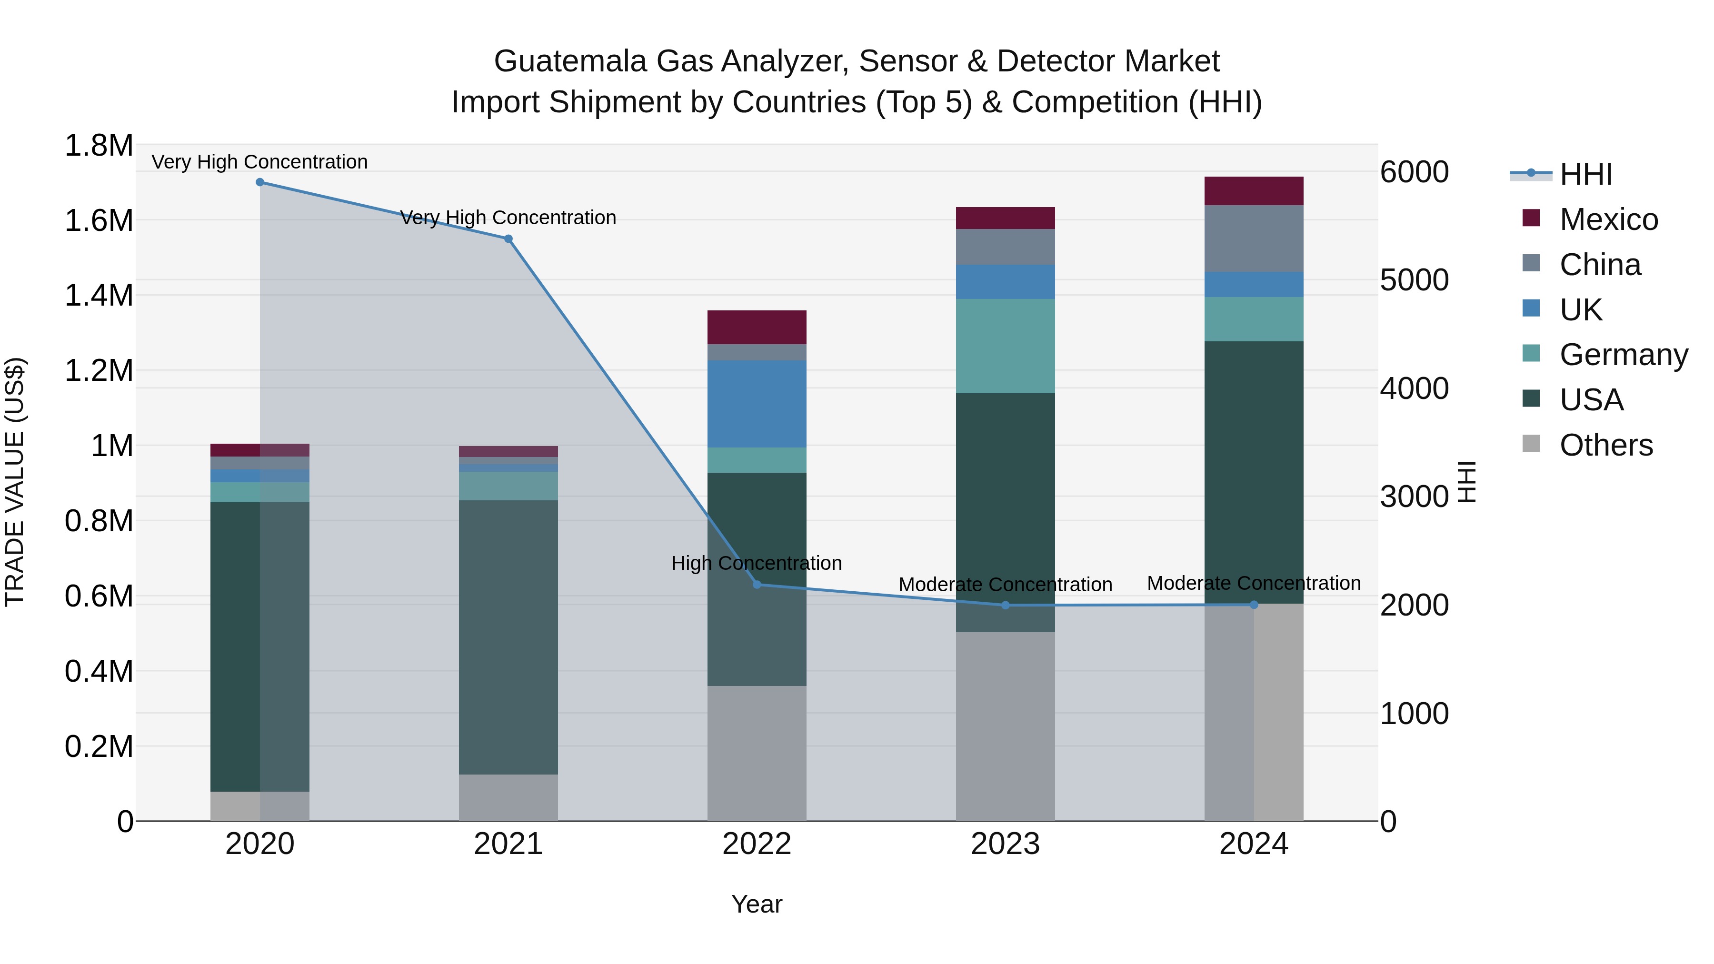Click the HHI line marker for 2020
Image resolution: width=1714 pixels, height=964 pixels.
pyautogui.click(x=260, y=182)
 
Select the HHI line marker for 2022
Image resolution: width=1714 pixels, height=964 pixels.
pyautogui.click(x=757, y=585)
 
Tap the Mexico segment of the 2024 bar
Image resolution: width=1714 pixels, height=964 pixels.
pyautogui.click(x=1254, y=191)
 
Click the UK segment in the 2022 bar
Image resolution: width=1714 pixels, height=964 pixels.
pyautogui.click(x=757, y=404)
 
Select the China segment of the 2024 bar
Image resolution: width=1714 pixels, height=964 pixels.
pyautogui.click(x=1254, y=238)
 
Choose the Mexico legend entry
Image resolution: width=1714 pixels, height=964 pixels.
pyautogui.click(x=1608, y=219)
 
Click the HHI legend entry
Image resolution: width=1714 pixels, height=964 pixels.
pyautogui.click(x=1585, y=174)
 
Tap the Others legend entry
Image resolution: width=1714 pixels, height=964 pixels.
pyautogui.click(x=1605, y=445)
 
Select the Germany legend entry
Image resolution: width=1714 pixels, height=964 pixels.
pyautogui.click(x=1623, y=355)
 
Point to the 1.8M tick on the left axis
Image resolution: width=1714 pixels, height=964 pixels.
pyautogui.click(x=99, y=146)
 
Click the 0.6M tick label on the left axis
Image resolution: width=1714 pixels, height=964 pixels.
pyautogui.click(x=99, y=596)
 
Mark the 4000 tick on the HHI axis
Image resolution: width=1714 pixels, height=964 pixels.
pyautogui.click(x=1414, y=388)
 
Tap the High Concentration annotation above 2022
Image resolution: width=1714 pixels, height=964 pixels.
pyautogui.click(x=757, y=564)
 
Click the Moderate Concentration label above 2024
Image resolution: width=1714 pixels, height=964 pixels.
pyautogui.click(x=1254, y=584)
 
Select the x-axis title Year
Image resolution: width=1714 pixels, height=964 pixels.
pyautogui.click(x=757, y=904)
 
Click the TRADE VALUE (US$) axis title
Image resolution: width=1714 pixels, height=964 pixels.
pyautogui.click(x=15, y=482)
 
